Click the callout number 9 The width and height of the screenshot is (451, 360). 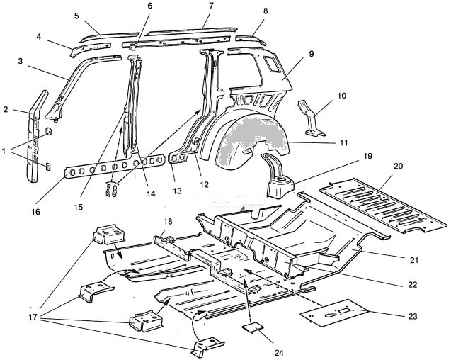point(312,54)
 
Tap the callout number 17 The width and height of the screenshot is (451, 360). point(33,317)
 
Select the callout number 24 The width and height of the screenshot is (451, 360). point(279,353)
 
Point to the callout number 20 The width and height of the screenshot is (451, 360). point(399,166)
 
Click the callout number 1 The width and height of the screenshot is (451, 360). point(4,151)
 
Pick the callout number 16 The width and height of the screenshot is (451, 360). point(35,212)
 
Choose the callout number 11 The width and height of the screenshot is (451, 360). point(343,142)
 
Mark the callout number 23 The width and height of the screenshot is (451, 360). point(413,316)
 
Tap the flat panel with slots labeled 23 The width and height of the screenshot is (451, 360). point(333,313)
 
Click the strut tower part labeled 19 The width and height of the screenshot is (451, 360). point(278,176)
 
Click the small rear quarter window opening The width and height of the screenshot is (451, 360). point(272,64)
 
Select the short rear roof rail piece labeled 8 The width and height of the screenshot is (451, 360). point(250,40)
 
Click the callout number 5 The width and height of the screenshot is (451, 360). point(76,16)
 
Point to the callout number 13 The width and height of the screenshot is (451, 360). point(177,191)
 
